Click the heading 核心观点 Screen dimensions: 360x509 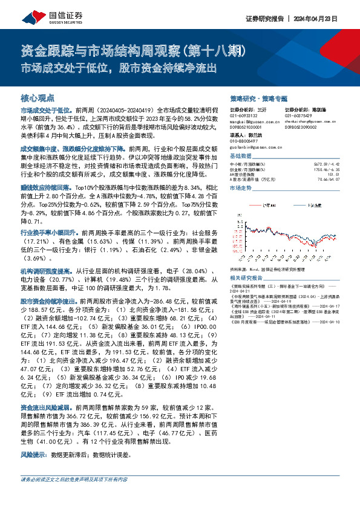pos(38,97)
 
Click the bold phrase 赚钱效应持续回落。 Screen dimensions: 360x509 pos(47,189)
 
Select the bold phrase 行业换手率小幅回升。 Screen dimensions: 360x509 pos(49,232)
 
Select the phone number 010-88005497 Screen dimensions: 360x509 pos(245,141)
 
